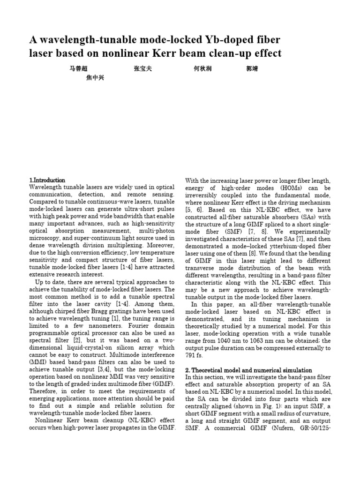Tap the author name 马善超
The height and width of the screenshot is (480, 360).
tap(78, 69)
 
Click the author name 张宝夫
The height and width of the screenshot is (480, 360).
tap(142, 69)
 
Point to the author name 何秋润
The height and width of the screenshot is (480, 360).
tap(202, 69)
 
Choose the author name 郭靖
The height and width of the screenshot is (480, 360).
tap(252, 69)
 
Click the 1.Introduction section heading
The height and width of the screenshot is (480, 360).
tap(47, 180)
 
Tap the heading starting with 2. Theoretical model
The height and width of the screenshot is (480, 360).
tap(248, 370)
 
